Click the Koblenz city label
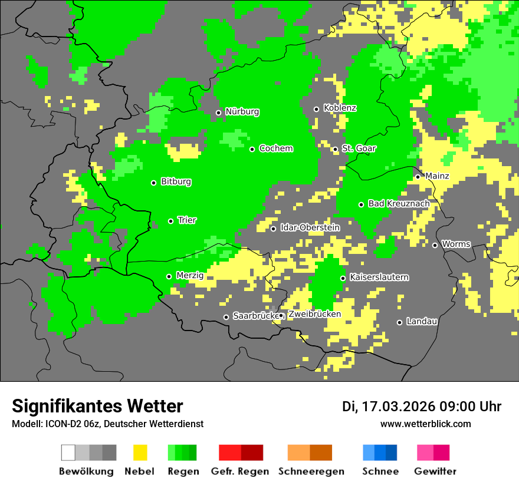coord(340,108)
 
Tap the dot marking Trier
coord(170,221)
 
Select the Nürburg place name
coord(242,112)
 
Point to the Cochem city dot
coord(252,149)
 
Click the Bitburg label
coord(176,182)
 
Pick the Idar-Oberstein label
coord(310,228)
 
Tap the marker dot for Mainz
coord(418,177)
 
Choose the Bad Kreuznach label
coord(399,204)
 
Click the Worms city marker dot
coord(435,245)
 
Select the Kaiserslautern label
coord(379,277)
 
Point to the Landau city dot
coord(399,322)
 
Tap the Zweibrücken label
coord(314,315)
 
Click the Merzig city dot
coord(169,276)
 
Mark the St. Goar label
coord(359,148)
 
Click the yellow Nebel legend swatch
coord(140,452)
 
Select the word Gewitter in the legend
coord(435,472)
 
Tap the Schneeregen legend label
coord(311,472)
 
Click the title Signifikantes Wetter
coord(97,407)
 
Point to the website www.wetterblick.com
coord(425,424)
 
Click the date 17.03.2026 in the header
coord(396,407)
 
